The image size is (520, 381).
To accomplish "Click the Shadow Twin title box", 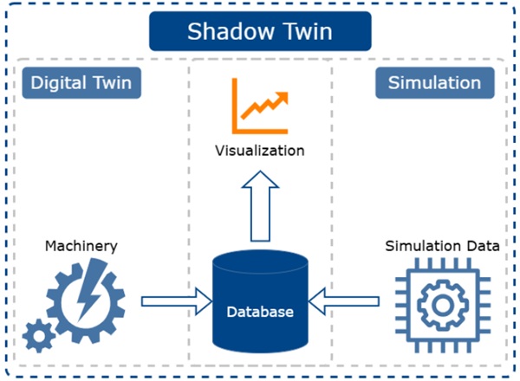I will pos(260,32).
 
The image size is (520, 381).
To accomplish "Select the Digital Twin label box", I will pos(82,83).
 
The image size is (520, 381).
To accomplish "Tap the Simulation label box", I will pos(435,83).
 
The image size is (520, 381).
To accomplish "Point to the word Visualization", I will pos(260,151).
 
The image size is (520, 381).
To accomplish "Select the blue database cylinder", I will pos(260,303).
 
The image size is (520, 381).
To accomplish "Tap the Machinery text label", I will pos(80,247).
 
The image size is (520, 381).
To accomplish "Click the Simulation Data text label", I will pos(442,246).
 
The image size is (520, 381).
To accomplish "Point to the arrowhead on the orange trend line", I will pos(282,90).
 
